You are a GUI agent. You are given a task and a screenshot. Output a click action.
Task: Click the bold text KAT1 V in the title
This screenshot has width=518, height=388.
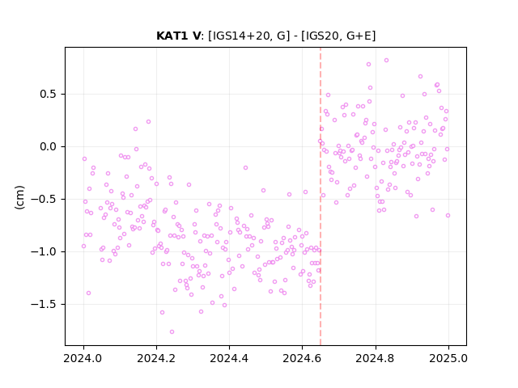[x=178, y=36]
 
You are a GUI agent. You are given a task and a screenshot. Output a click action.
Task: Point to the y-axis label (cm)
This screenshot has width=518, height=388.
[x=19, y=197]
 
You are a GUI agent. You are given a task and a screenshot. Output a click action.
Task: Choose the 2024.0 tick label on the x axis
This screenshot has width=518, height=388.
[x=83, y=358]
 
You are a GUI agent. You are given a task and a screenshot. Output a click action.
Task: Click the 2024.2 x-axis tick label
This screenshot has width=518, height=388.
[x=156, y=358]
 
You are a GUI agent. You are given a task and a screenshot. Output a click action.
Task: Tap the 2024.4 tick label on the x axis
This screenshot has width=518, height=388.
[x=229, y=358]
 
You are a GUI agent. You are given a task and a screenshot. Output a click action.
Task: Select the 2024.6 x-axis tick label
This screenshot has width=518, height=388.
[x=302, y=358]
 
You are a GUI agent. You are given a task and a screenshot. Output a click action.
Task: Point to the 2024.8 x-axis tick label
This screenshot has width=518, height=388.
[x=376, y=358]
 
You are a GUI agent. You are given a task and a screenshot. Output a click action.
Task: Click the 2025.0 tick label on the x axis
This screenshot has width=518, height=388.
[x=448, y=358]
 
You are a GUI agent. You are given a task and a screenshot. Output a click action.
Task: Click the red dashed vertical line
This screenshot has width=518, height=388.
[x=321, y=196]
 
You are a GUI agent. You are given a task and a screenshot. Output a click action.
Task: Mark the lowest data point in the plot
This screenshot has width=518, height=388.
[x=172, y=331]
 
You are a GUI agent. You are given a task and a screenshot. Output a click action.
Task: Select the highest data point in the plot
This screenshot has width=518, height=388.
[x=387, y=60]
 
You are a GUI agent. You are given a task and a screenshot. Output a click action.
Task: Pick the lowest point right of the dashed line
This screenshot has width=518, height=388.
[x=416, y=216]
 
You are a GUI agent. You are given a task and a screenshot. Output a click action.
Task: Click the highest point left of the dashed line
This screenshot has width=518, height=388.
[x=148, y=122]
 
